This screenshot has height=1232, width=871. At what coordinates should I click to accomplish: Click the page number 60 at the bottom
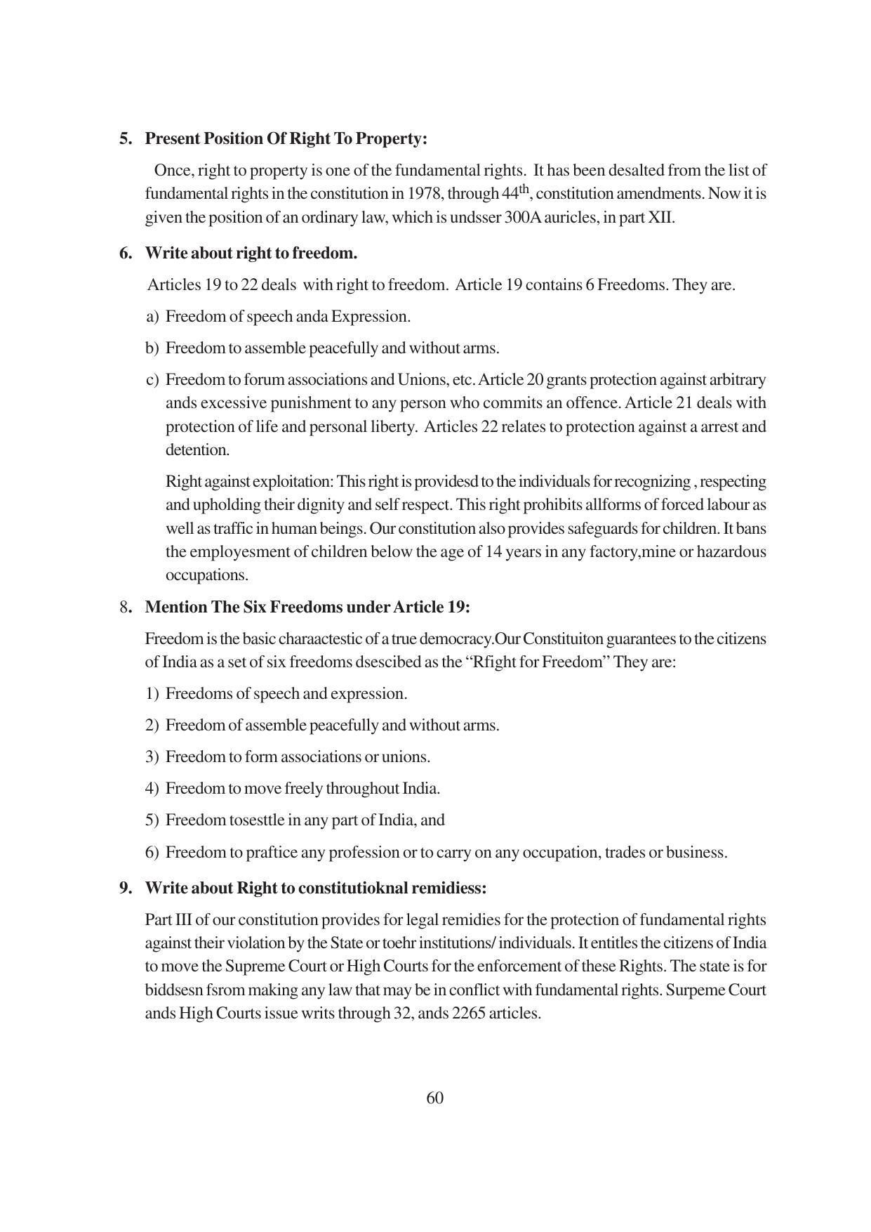point(434,1098)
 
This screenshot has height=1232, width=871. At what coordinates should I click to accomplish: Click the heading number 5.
point(125,139)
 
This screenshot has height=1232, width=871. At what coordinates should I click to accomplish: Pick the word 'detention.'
point(197,450)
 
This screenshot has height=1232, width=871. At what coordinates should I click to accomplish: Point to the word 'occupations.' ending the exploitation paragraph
point(207,575)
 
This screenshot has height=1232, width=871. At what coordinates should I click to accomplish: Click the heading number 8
point(124,608)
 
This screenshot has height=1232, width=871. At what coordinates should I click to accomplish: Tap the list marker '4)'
point(152,789)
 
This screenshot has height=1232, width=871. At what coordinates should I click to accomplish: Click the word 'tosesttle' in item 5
point(257,820)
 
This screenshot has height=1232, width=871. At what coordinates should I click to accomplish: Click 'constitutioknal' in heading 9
point(353,889)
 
